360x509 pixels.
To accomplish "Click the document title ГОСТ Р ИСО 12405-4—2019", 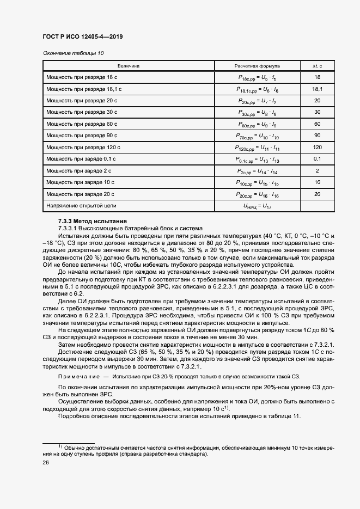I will [x=82, y=37].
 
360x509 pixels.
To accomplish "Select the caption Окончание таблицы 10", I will [x=72, y=53].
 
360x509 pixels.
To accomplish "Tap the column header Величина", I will [x=129, y=66].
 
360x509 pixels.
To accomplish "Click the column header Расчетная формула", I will [x=257, y=66].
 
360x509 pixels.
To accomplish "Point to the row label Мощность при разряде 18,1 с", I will [x=83, y=89].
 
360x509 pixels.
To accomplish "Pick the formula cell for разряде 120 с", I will [x=257, y=148].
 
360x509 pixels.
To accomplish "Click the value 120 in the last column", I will [x=317, y=148].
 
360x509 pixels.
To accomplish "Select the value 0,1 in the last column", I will [x=317, y=159].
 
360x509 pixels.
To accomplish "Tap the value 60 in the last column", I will [x=317, y=124].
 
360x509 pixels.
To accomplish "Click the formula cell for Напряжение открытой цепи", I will [x=257, y=206].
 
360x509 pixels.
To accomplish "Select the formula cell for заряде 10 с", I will [x=257, y=182].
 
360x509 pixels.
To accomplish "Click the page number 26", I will [x=46, y=463].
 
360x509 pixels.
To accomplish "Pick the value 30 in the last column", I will [x=317, y=112].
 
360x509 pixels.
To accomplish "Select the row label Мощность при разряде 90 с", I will [x=82, y=136].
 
